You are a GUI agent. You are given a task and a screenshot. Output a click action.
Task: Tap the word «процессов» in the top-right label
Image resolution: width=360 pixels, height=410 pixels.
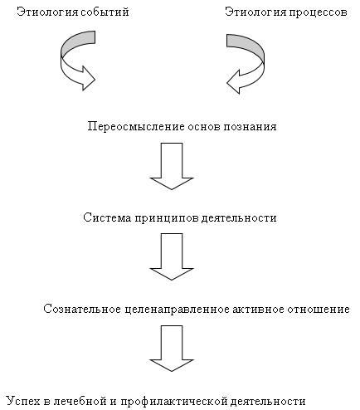(x=318, y=12)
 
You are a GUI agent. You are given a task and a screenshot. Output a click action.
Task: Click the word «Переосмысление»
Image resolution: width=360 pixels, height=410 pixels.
(x=136, y=126)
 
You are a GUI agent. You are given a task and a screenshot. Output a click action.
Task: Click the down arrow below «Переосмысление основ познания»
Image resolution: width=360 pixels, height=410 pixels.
(x=172, y=166)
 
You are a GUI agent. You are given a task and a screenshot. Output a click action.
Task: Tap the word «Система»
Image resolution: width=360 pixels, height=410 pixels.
(x=107, y=217)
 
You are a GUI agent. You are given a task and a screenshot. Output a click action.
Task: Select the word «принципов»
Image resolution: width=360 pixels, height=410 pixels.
(x=167, y=218)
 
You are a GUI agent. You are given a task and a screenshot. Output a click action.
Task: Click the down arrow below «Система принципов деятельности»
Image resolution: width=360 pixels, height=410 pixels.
(x=172, y=256)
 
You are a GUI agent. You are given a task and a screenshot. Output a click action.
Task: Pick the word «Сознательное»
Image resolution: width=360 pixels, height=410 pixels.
(x=82, y=309)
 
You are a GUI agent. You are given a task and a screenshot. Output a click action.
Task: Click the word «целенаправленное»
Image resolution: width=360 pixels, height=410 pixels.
(x=177, y=310)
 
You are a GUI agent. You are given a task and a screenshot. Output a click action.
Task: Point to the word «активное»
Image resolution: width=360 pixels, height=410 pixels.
(x=258, y=309)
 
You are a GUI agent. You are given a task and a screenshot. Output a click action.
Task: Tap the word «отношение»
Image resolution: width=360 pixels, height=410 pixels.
(x=319, y=309)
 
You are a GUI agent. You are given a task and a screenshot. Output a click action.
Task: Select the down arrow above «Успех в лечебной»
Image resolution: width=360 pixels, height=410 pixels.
(x=172, y=348)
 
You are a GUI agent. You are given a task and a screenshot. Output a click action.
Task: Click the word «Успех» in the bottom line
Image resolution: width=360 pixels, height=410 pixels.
(x=23, y=401)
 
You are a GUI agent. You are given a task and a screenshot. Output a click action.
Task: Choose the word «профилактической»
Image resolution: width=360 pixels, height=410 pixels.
(x=174, y=402)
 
